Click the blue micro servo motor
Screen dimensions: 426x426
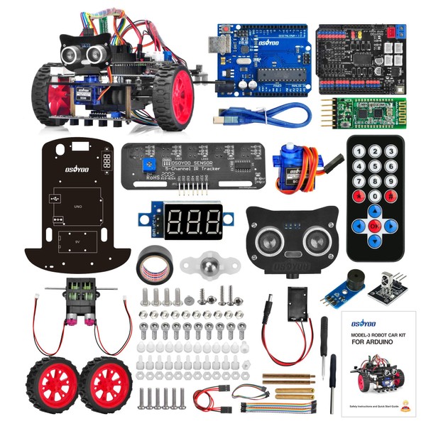click(x=288, y=167)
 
